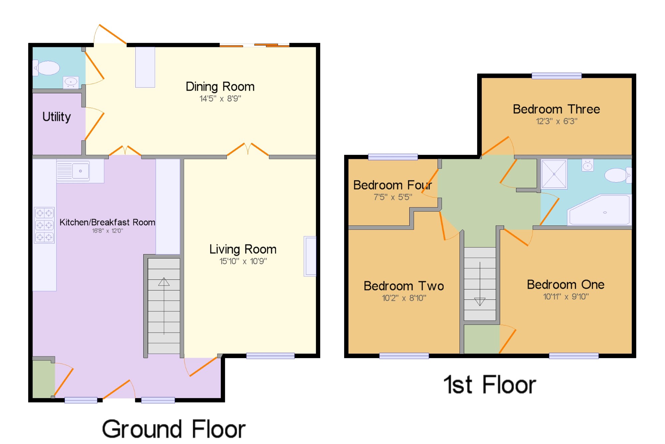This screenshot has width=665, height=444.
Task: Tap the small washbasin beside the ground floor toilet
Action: coord(71,82)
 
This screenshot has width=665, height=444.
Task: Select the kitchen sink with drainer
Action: coord(80,171)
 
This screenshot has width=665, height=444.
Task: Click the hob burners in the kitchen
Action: coord(44,225)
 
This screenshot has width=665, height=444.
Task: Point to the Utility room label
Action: coord(57,117)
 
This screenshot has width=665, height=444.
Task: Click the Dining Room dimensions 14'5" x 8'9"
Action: coord(220,99)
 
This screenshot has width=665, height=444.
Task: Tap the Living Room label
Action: coord(243,249)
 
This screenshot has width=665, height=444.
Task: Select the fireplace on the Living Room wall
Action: coord(310,256)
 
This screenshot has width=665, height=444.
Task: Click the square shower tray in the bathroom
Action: coord(554,174)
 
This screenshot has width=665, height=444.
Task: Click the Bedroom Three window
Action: coord(557,76)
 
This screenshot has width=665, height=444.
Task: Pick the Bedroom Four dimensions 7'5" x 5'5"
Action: coord(393,197)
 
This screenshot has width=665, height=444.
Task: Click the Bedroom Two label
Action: coord(404,286)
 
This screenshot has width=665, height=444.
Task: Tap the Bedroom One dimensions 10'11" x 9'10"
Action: coord(566,296)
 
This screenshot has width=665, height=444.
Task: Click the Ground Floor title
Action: coord(174,429)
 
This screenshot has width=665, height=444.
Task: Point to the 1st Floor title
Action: coord(490,384)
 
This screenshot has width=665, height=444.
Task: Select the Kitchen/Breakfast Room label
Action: coord(107,222)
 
